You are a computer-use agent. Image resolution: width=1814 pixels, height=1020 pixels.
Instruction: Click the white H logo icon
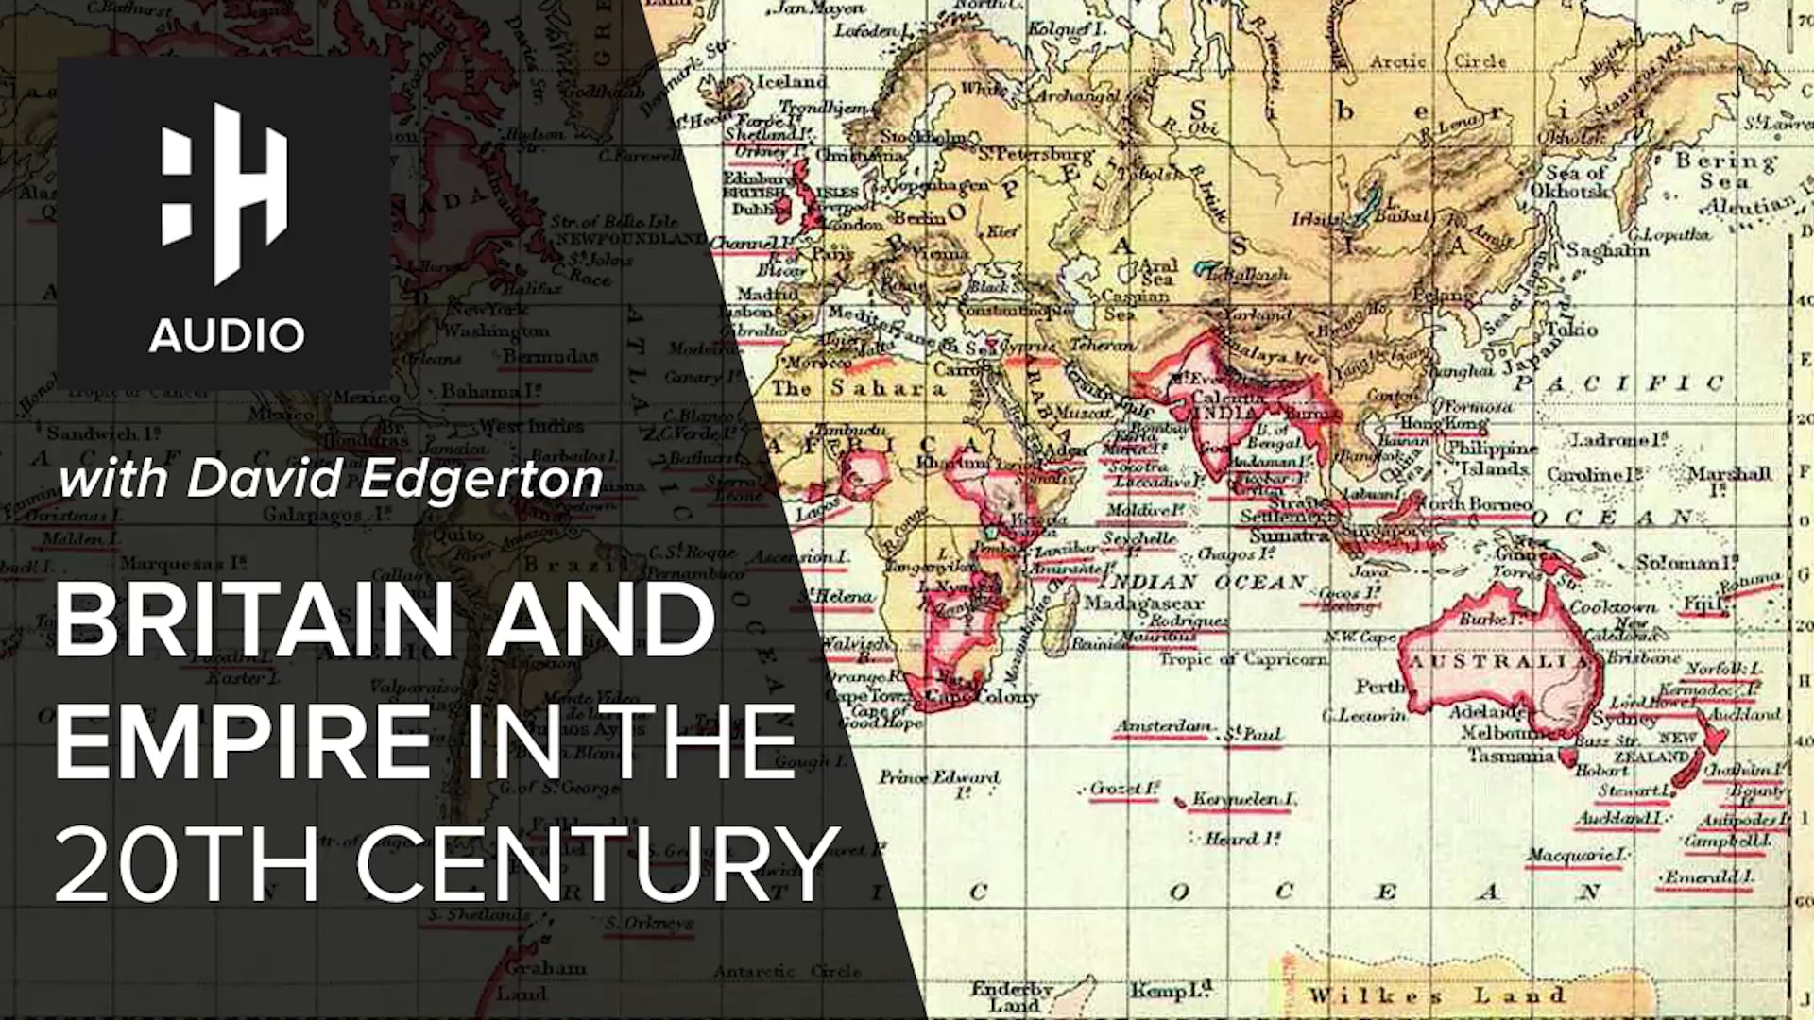(225, 194)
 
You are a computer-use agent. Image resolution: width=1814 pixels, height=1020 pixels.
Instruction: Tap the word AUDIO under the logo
(227, 335)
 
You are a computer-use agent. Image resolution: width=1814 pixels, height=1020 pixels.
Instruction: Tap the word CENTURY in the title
(598, 864)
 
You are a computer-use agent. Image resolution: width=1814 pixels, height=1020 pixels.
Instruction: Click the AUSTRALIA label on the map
(1498, 661)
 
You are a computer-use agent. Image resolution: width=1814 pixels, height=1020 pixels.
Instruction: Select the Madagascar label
(1143, 603)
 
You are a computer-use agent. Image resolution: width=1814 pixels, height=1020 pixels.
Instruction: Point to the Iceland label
(792, 81)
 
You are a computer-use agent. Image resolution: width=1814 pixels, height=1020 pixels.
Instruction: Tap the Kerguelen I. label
(1243, 799)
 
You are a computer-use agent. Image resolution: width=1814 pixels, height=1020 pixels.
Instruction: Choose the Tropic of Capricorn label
(1243, 659)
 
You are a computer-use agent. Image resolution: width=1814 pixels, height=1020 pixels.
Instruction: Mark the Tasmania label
(1511, 756)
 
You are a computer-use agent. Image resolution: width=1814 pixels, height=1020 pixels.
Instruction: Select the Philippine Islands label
(1493, 458)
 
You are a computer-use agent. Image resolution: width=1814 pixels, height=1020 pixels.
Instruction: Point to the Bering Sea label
(1725, 170)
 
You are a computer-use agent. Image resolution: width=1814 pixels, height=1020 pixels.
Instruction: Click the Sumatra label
(1290, 535)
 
